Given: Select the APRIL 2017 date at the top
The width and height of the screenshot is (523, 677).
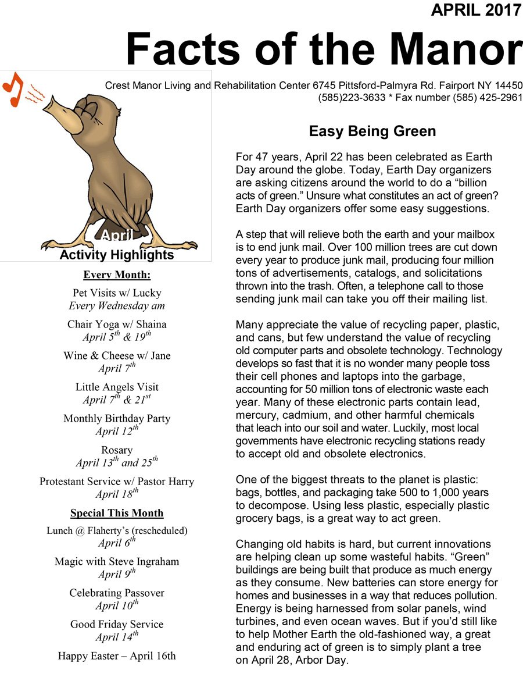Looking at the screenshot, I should (477, 10).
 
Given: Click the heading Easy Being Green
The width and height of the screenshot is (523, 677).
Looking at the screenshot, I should (372, 131).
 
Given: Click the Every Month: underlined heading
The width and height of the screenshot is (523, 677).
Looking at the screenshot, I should (117, 275).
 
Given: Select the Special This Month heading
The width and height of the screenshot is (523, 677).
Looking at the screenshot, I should (117, 513).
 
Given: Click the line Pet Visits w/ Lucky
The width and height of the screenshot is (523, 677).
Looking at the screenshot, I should (117, 293).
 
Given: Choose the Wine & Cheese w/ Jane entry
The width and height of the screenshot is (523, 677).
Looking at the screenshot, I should (117, 355).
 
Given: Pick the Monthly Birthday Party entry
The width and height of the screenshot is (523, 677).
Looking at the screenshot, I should (117, 418).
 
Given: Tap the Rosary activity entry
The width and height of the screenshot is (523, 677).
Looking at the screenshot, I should (117, 450).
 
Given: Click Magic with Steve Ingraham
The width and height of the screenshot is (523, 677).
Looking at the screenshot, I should (117, 561).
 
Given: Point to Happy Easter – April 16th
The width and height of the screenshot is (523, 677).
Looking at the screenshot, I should (117, 655).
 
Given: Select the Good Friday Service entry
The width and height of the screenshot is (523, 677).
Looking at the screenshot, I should (117, 624).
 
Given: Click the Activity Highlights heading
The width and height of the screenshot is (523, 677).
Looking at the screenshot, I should (117, 255).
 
